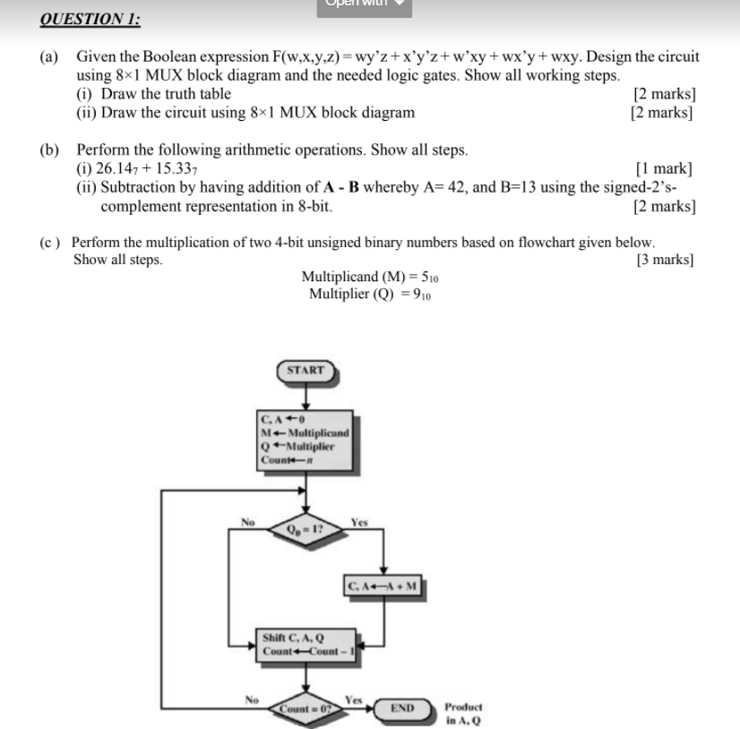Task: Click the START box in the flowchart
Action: (305, 370)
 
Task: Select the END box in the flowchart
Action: (402, 708)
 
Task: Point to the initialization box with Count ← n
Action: (297, 439)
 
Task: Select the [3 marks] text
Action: (664, 261)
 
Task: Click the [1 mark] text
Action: (664, 168)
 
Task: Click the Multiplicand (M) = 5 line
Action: (369, 277)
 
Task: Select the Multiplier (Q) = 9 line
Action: (369, 295)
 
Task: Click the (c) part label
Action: (51, 243)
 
